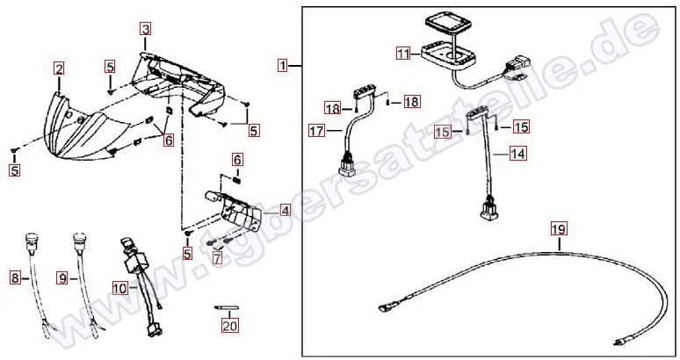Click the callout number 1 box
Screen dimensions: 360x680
[x=283, y=65]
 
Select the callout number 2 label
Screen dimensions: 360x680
[x=59, y=68]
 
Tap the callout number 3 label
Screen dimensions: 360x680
[x=146, y=28]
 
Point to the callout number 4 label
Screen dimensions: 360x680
[x=285, y=211]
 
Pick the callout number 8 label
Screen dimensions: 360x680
[x=15, y=278]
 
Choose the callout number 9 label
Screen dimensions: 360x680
[x=62, y=278]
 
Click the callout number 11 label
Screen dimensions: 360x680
[x=402, y=54]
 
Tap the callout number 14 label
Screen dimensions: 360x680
[x=518, y=152]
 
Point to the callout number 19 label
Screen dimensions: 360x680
[x=560, y=230]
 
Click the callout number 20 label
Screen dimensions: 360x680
[x=230, y=326]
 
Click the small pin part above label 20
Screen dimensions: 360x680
[x=227, y=308]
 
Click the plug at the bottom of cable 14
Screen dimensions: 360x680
[x=488, y=211]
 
